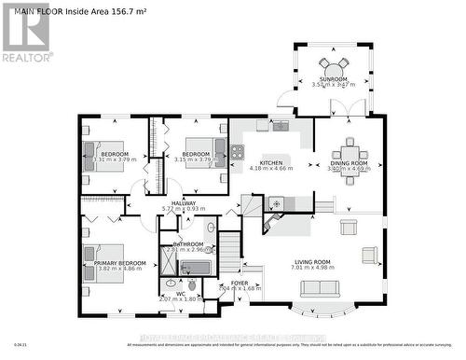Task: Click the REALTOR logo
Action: click(25, 34)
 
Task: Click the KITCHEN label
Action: click(271, 162)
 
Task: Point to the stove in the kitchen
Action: click(238, 151)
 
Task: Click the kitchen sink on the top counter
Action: click(281, 126)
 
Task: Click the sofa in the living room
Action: click(320, 288)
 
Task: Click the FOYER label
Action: click(240, 282)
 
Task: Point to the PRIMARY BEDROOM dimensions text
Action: click(120, 270)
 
